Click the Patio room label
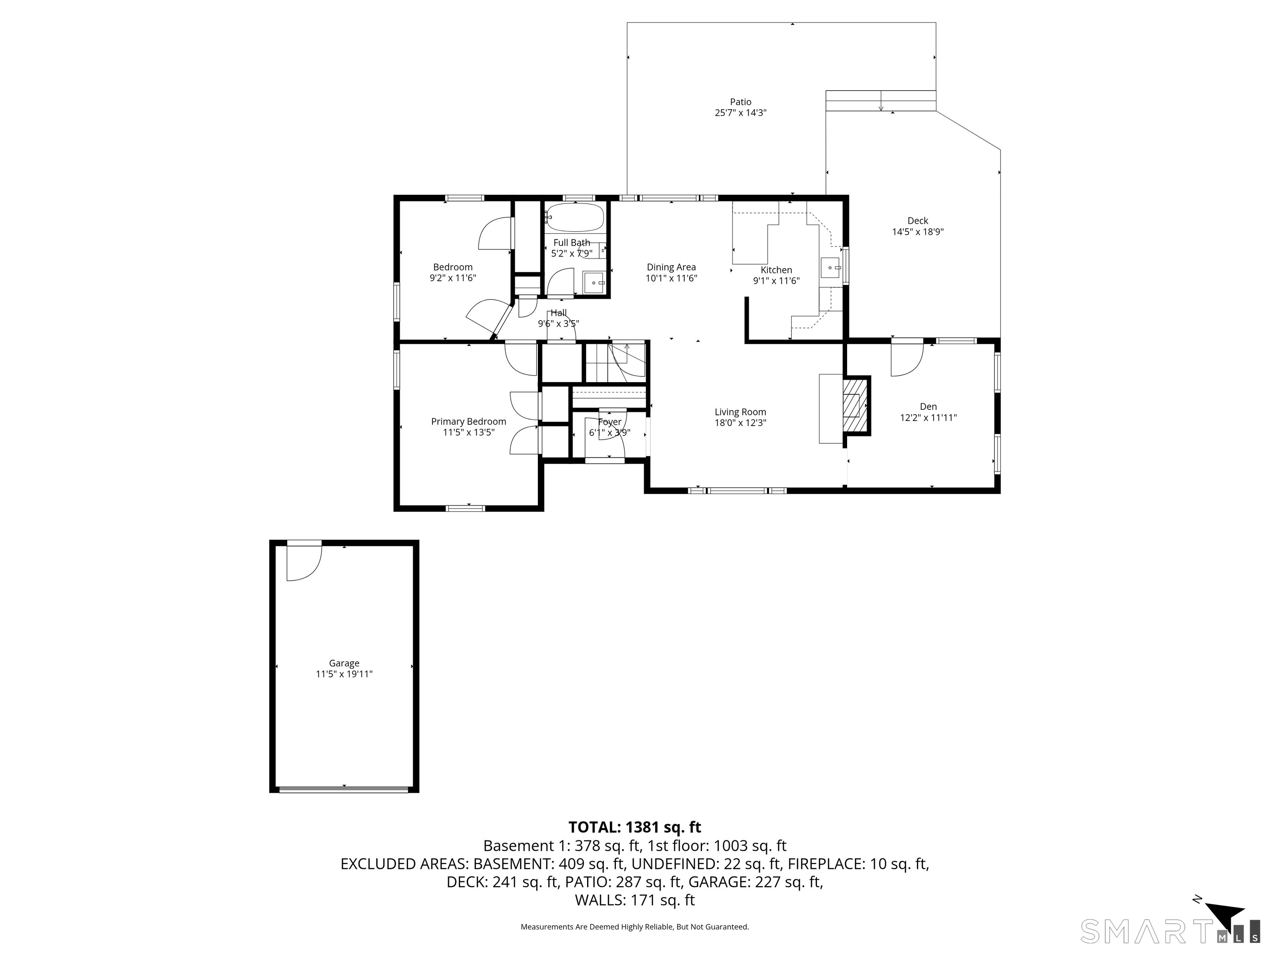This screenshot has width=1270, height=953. click(x=741, y=102)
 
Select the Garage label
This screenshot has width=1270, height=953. click(x=344, y=663)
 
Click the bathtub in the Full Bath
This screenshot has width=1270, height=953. click(x=575, y=218)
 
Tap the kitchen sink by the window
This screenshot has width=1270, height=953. click(x=830, y=268)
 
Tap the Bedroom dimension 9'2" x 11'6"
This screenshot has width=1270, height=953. click(x=453, y=278)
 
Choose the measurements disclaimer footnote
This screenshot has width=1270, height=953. click(x=635, y=927)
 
